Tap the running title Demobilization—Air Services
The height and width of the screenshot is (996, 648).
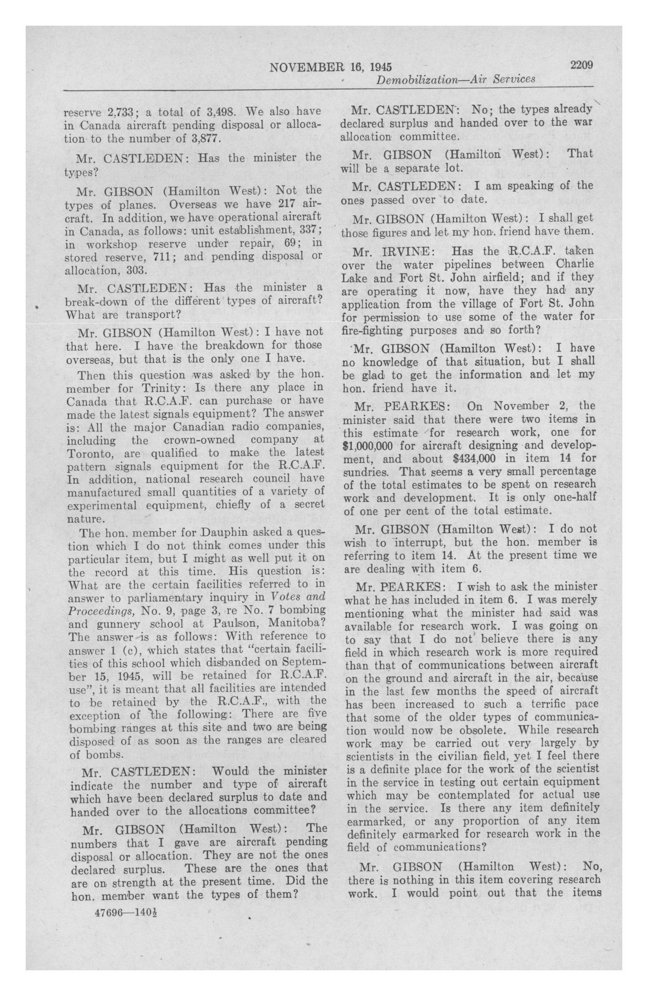(456, 79)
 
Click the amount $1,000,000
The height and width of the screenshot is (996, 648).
(369, 445)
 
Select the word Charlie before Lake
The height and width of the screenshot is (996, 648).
(575, 264)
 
